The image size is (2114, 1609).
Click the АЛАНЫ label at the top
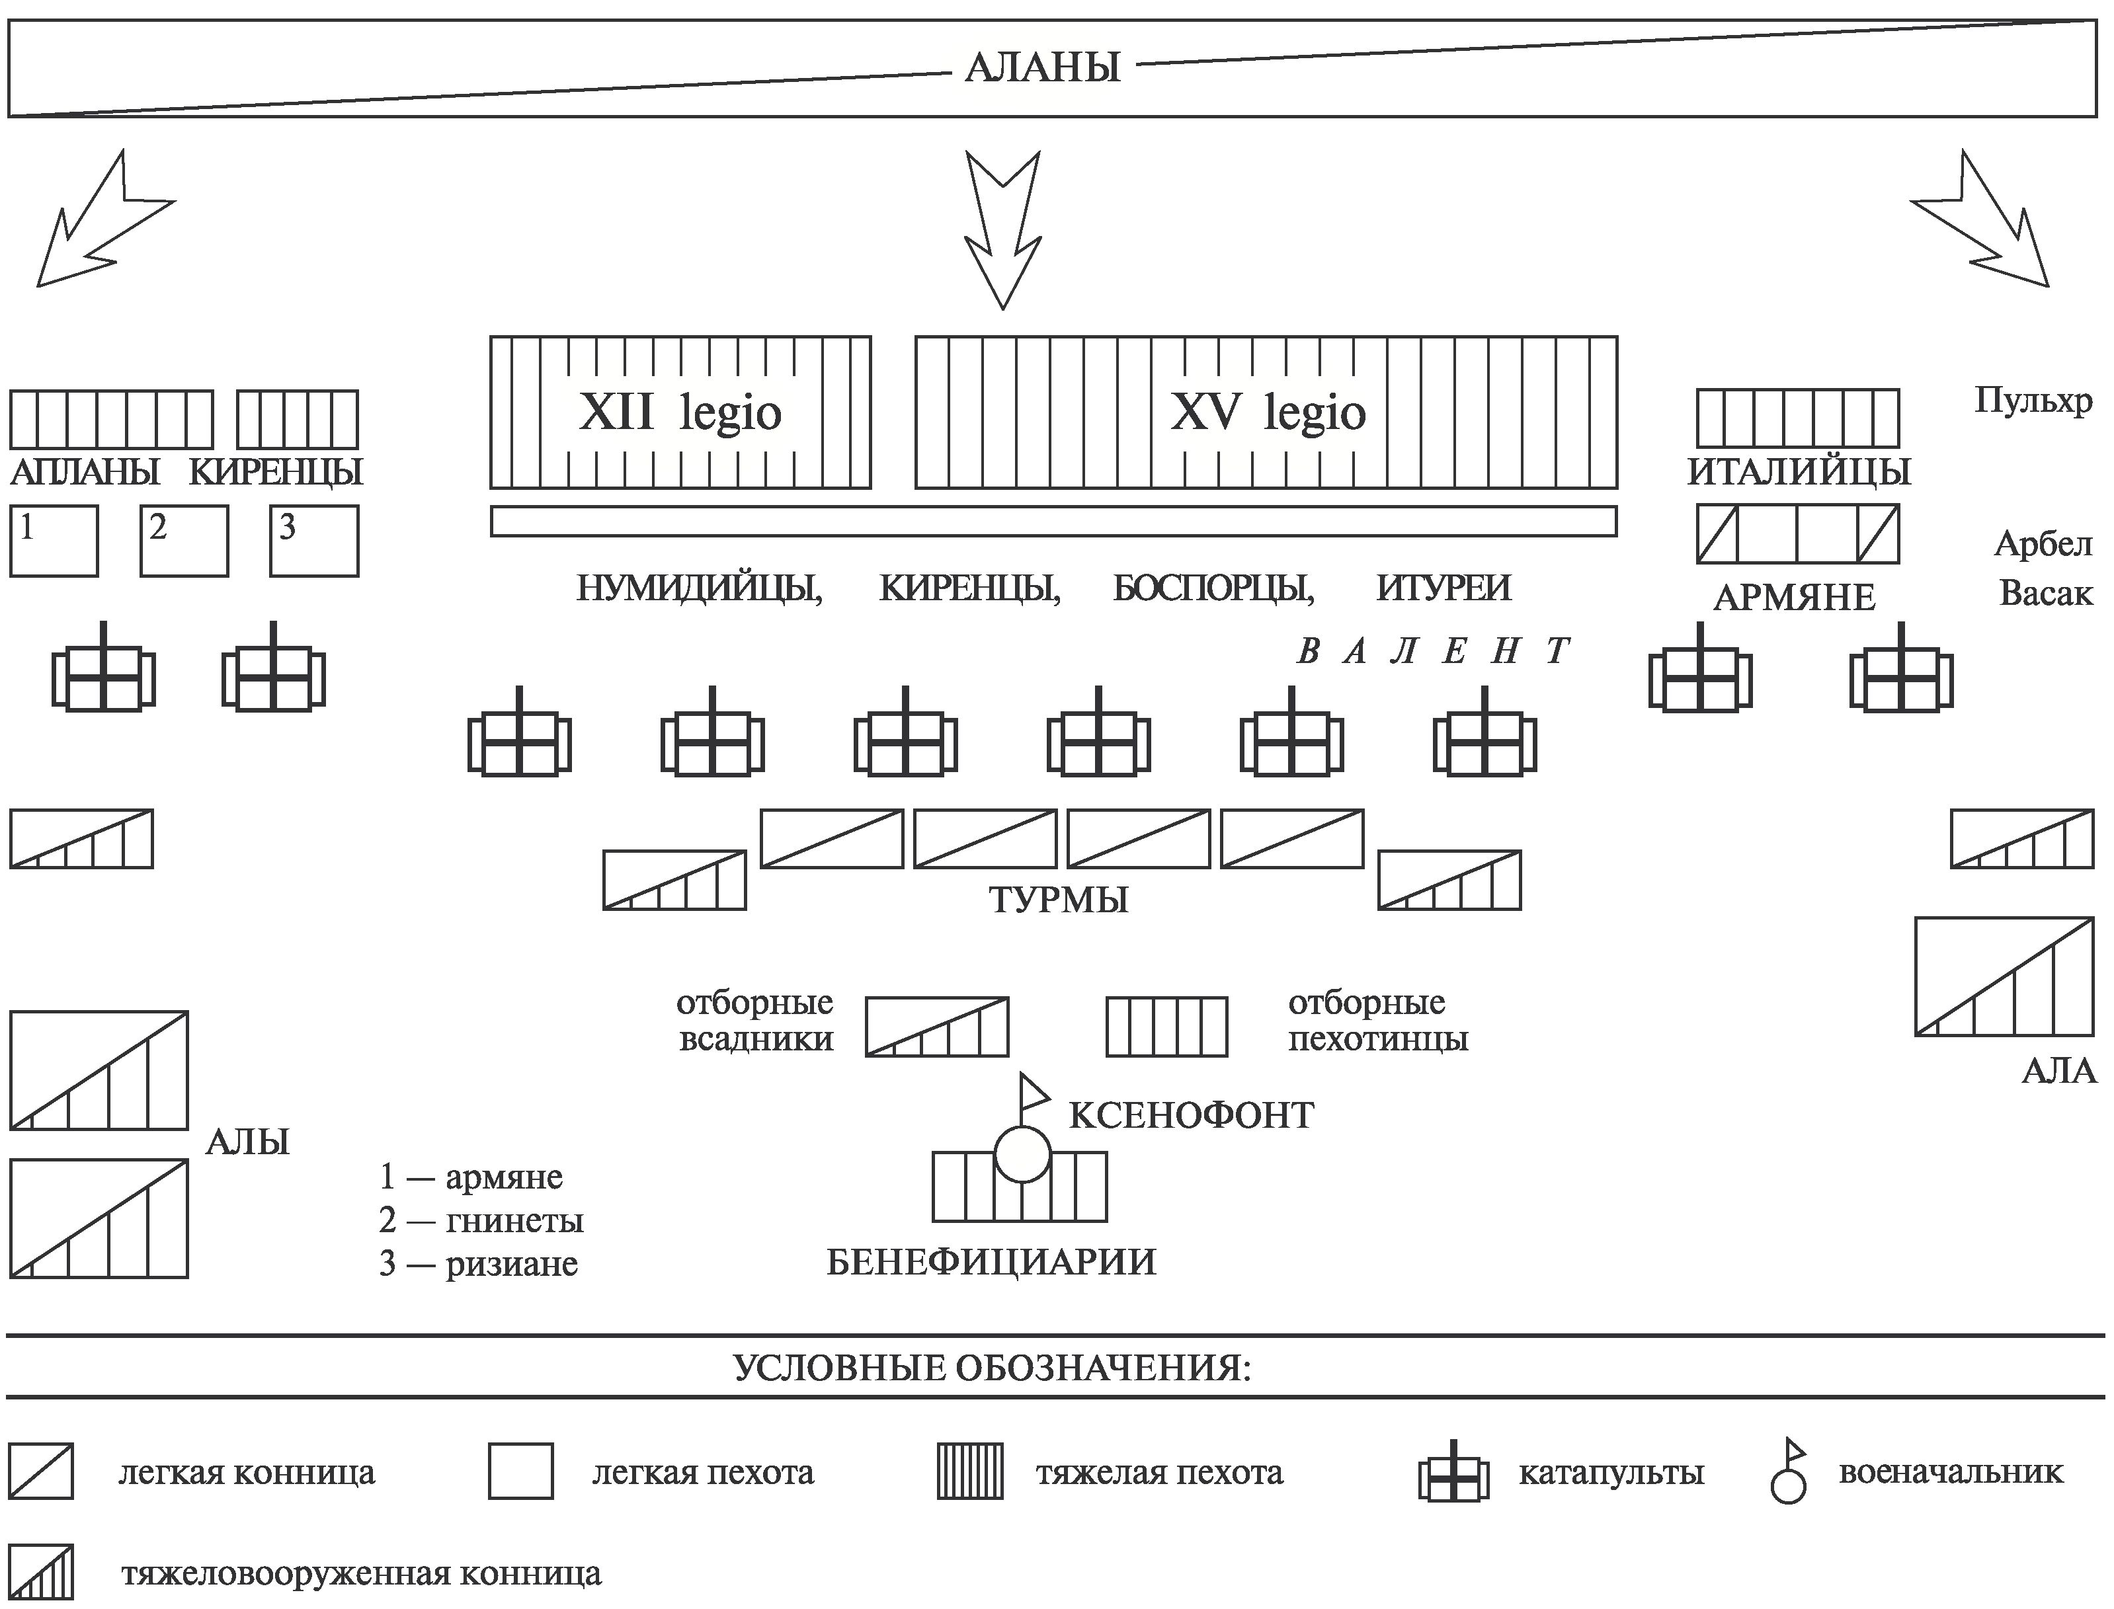tap(1042, 68)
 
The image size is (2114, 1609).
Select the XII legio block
tap(680, 412)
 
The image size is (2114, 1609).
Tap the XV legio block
tap(1266, 412)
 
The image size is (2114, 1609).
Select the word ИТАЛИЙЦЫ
tap(1799, 472)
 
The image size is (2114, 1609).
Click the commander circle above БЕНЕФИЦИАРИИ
tap(1023, 1155)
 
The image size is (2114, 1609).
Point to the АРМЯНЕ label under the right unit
tap(1794, 598)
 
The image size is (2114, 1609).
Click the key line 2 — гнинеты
tap(481, 1221)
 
